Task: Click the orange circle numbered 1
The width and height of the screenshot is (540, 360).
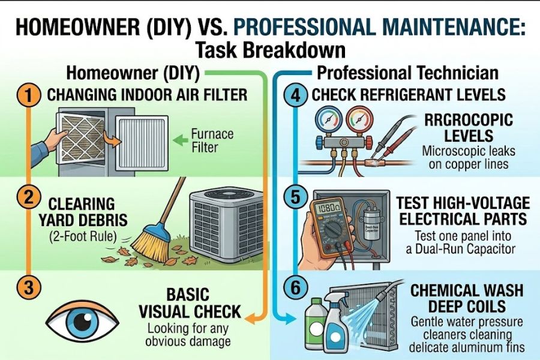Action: click(27, 95)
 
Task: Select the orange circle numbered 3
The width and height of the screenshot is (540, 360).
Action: click(27, 287)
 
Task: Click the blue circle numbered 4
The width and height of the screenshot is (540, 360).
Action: click(295, 95)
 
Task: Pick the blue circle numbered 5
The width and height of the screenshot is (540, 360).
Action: click(295, 197)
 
